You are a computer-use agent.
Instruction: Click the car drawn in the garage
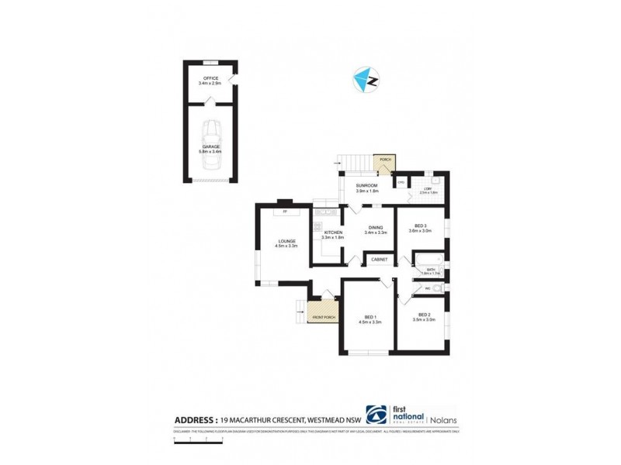click(211, 138)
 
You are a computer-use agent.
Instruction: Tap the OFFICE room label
click(210, 78)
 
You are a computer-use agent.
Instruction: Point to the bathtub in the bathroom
click(430, 262)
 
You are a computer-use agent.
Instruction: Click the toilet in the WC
click(439, 288)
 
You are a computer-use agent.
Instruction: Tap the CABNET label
click(380, 259)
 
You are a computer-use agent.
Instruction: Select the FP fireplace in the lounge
click(285, 210)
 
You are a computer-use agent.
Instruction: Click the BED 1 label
click(369, 315)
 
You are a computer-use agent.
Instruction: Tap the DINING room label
click(376, 227)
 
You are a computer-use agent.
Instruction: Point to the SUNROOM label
click(366, 186)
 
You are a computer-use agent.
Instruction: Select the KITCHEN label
click(333, 232)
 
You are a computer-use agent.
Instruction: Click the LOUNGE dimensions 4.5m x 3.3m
click(287, 246)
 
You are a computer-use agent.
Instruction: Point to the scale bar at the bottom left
click(199, 439)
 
